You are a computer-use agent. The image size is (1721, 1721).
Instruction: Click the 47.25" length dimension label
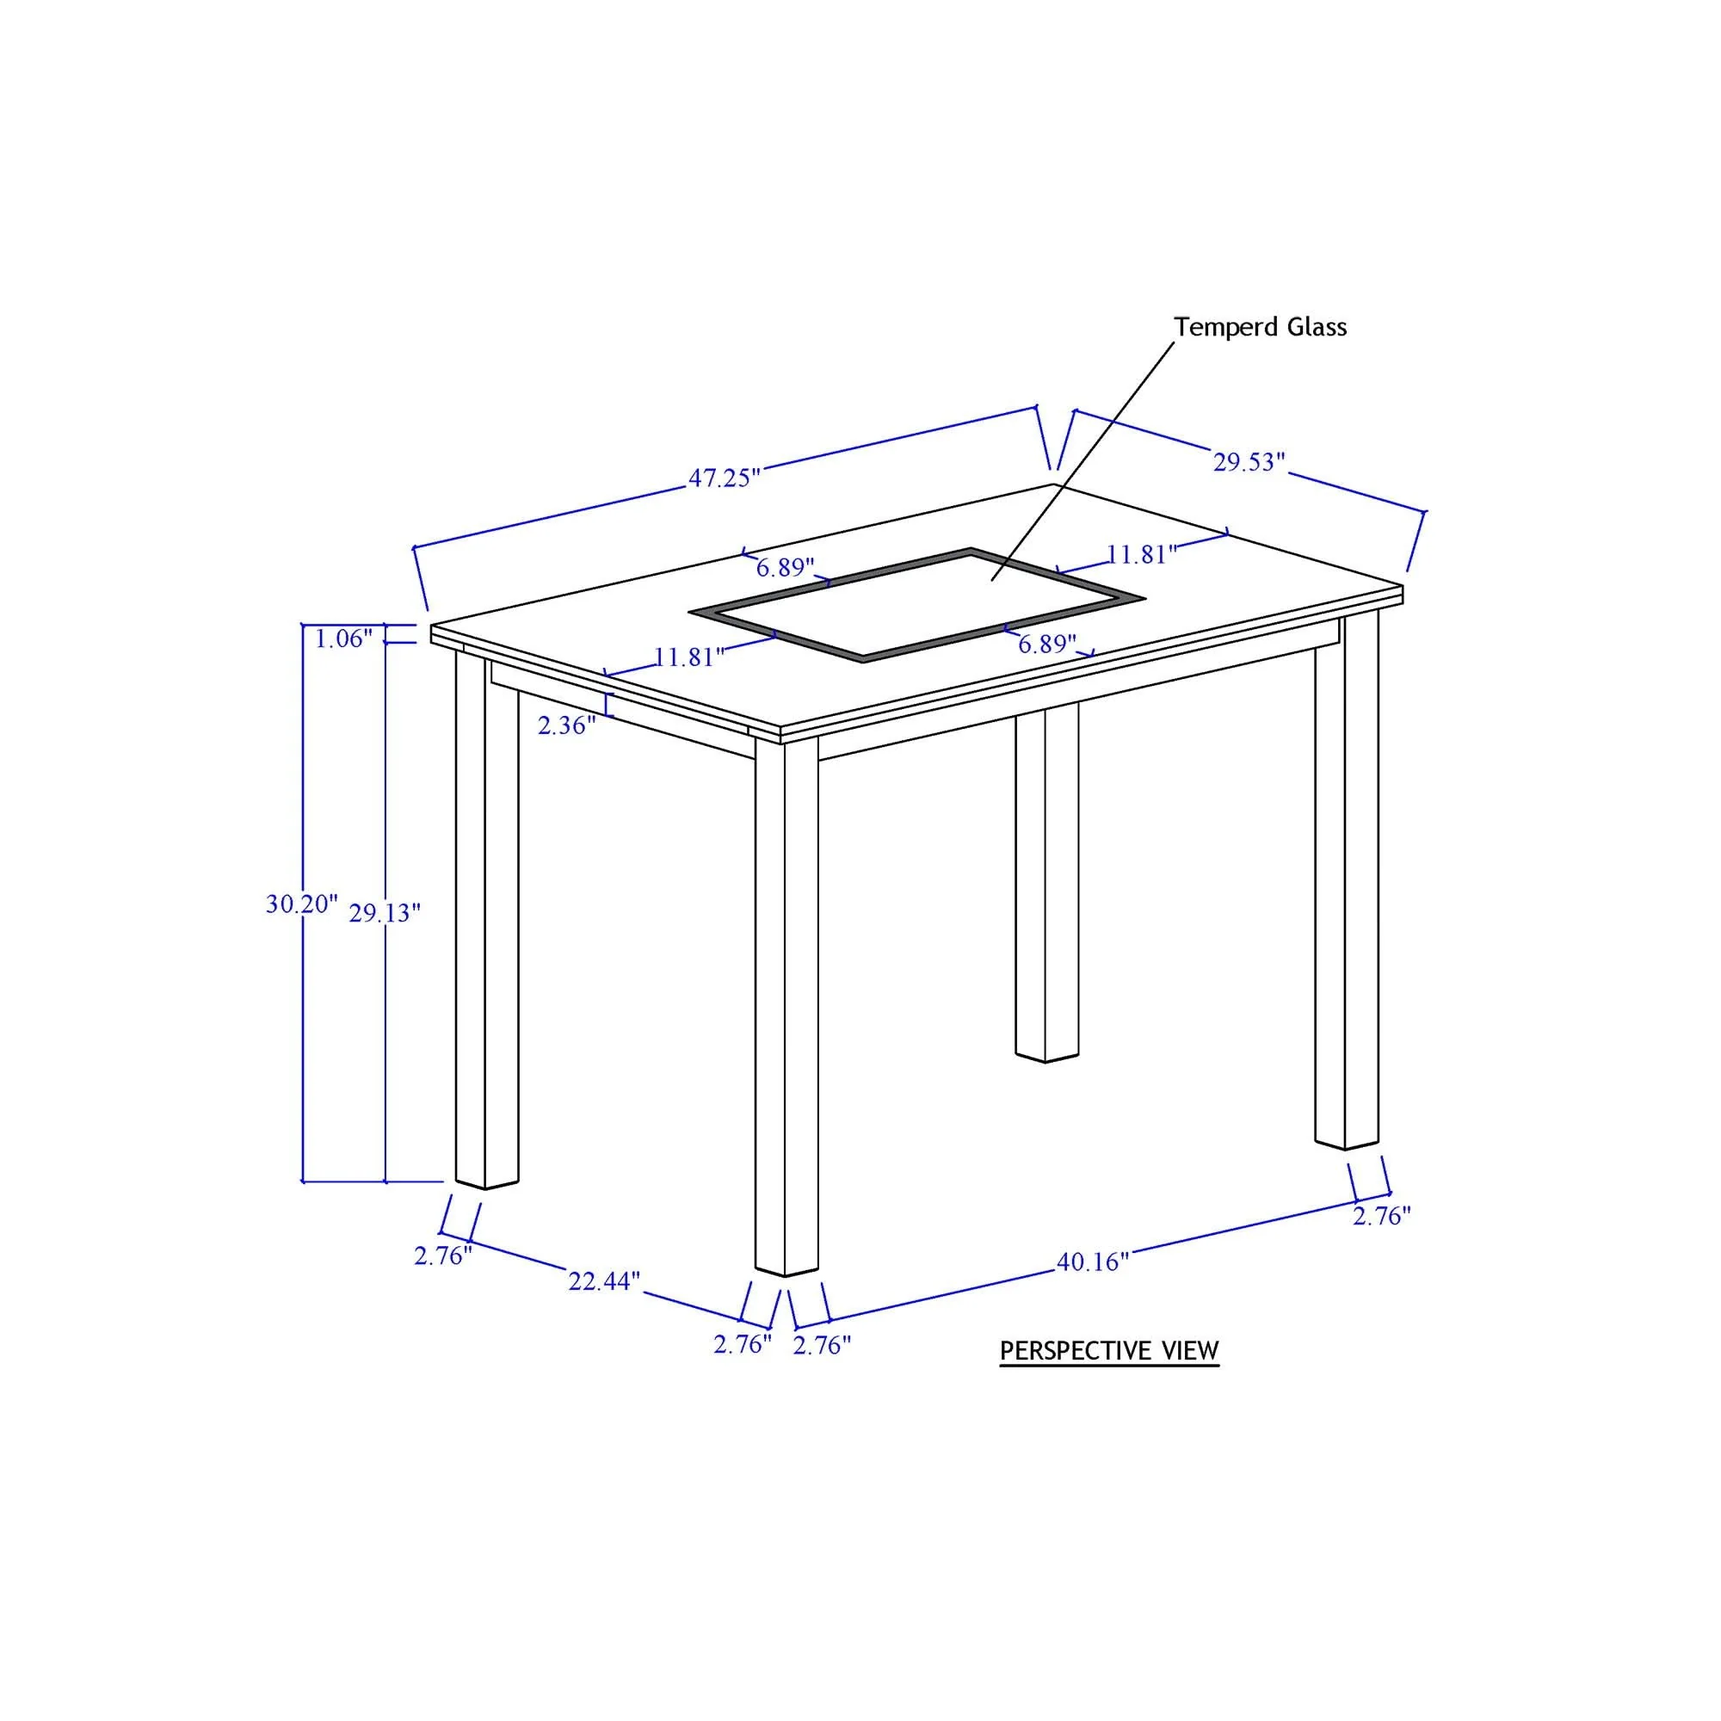tap(725, 478)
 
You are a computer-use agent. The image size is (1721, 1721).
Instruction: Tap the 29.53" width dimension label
tap(1249, 462)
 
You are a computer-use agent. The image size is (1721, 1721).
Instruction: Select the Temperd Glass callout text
tap(1260, 327)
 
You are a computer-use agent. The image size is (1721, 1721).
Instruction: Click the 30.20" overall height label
tap(302, 904)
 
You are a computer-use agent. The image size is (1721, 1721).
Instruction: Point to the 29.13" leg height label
tap(384, 913)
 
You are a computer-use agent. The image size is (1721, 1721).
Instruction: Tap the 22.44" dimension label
tap(604, 1281)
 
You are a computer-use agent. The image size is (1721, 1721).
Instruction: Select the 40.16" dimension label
tap(1092, 1261)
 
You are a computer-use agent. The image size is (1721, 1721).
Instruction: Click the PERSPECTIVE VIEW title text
tap(1109, 1350)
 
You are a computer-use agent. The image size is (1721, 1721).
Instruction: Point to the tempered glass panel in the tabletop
tap(917, 605)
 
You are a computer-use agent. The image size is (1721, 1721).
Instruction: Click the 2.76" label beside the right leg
tap(1383, 1215)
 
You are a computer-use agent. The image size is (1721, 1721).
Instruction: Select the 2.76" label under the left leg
tap(442, 1256)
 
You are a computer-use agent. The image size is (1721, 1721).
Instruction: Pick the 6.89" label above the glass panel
tap(786, 566)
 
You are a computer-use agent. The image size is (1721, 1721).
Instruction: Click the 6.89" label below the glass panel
tap(1047, 643)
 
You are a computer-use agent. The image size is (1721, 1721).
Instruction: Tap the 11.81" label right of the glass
tap(1142, 554)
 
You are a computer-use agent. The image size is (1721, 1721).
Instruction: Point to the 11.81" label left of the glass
tap(689, 657)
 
